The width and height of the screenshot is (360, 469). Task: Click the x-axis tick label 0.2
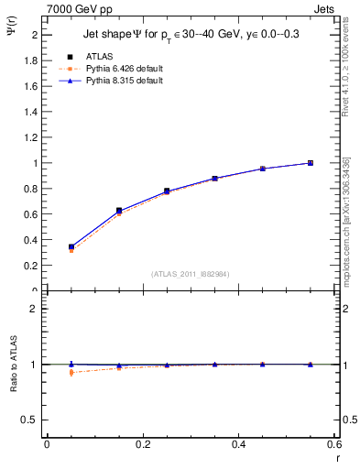pyautogui.click(x=142, y=443)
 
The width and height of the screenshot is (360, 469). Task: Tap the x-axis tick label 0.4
pyautogui.click(x=238, y=443)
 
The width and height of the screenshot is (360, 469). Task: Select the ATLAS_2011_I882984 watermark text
pyautogui.click(x=191, y=273)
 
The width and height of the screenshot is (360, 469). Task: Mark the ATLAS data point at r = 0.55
pyautogui.click(x=311, y=163)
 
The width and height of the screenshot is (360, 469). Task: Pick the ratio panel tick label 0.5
pyautogui.click(x=32, y=420)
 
